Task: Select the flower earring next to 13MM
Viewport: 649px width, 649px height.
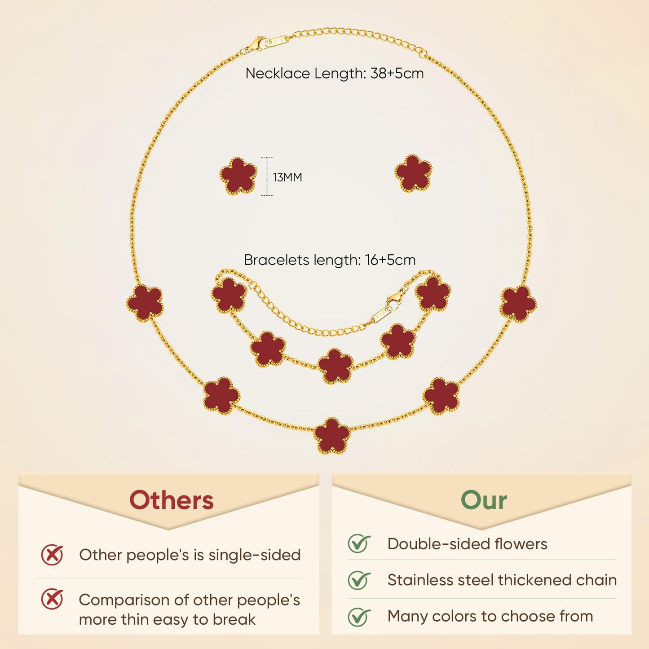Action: (238, 176)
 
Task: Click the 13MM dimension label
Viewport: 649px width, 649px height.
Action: (287, 177)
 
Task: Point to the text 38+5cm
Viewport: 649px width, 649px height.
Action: (397, 73)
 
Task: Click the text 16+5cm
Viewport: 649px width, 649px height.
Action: (390, 260)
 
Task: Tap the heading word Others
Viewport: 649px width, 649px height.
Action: (172, 500)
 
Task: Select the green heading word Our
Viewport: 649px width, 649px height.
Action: (484, 500)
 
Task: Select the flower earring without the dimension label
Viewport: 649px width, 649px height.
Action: (413, 174)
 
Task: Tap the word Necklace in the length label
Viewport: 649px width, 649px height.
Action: (278, 73)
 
